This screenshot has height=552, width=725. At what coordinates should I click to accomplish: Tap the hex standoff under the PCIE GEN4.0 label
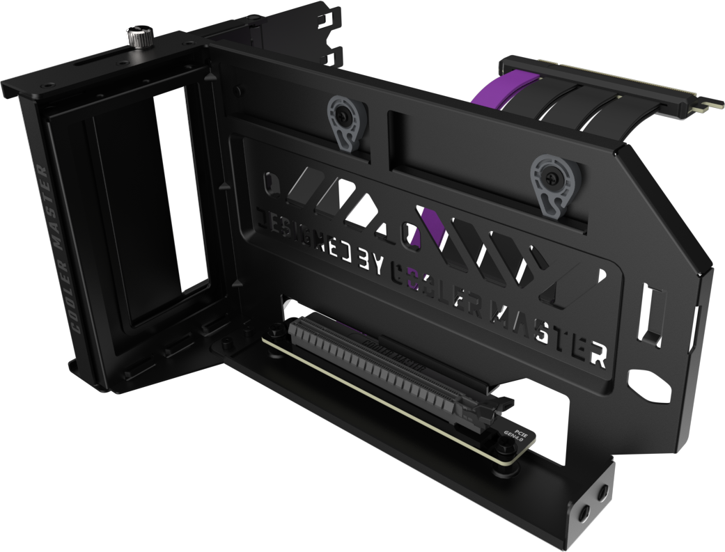[x=499, y=470]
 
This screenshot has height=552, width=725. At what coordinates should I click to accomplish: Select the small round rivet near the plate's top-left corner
[x=240, y=91]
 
